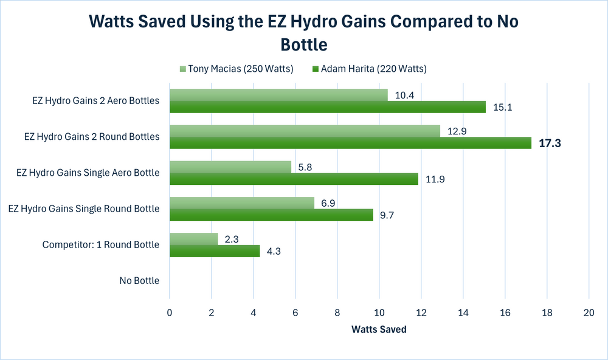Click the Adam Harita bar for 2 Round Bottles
tap(350, 143)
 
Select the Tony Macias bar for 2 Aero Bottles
tap(278, 95)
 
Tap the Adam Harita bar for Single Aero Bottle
tap(294, 179)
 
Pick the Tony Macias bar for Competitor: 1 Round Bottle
tap(193, 239)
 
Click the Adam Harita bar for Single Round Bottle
tap(271, 215)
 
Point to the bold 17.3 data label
tap(551, 144)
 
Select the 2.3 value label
tap(230, 239)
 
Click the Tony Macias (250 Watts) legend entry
tap(237, 69)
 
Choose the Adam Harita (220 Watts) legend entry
tap(370, 69)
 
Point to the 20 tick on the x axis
tap(588, 312)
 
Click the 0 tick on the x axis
tap(170, 312)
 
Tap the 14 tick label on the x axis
tap(463, 312)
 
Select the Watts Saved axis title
tap(378, 330)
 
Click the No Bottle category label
tap(139, 281)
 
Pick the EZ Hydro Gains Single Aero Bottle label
tap(88, 173)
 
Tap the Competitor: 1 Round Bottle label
tap(100, 245)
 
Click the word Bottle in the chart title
tap(303, 44)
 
